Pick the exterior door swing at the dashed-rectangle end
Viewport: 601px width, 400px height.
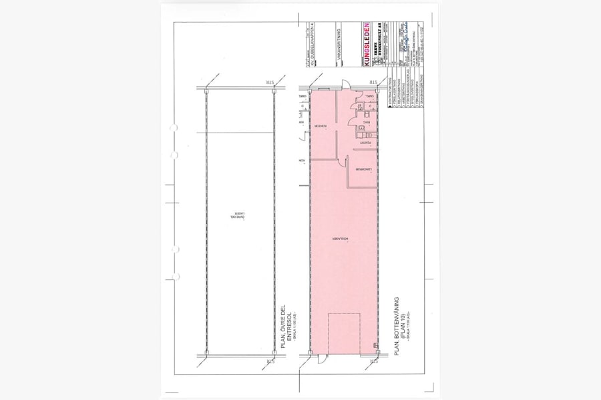(323, 361)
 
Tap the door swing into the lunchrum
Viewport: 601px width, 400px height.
(347, 161)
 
